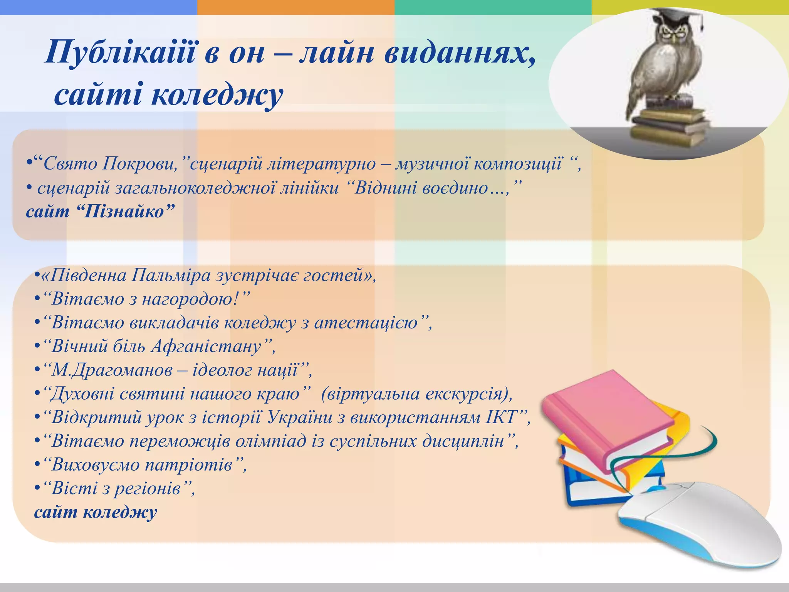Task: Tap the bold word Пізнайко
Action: click(x=129, y=212)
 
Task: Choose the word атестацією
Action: click(x=366, y=323)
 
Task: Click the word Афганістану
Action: click(x=206, y=346)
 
